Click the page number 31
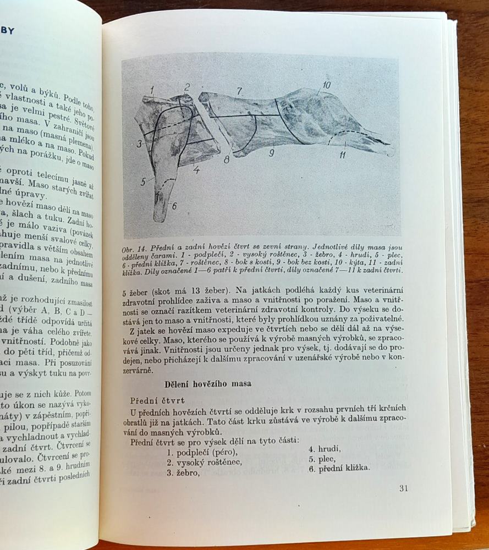403,488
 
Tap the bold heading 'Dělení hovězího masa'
208,384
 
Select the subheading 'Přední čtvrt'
157,400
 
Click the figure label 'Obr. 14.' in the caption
137,248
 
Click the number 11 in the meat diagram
342,155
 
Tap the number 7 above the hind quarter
239,91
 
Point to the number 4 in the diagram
196,169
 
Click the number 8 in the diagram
226,160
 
